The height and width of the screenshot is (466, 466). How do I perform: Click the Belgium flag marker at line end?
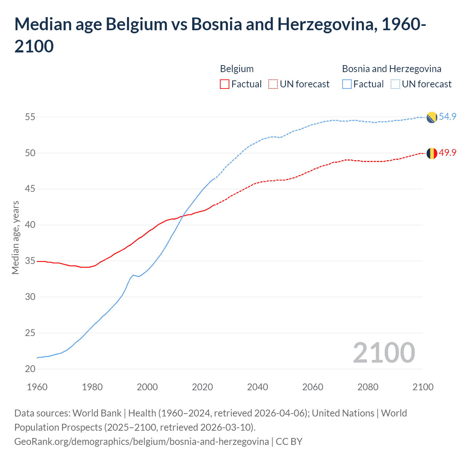[x=432, y=153]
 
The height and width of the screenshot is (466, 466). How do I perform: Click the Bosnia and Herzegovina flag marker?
[x=432, y=117]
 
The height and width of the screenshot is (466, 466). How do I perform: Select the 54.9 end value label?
[x=447, y=116]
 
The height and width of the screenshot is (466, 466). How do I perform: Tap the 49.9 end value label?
[x=447, y=153]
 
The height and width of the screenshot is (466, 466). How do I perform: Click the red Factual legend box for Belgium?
[x=225, y=84]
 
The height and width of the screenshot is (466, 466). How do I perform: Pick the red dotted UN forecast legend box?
[x=273, y=84]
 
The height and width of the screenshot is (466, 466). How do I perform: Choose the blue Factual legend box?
[x=347, y=84]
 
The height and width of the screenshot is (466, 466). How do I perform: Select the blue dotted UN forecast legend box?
[x=395, y=84]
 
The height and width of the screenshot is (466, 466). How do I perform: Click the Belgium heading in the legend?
[x=237, y=69]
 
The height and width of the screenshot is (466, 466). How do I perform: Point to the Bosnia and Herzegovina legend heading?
[x=391, y=69]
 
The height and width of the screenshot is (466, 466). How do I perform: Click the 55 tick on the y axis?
[x=30, y=117]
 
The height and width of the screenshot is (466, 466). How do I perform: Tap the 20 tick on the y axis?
[x=30, y=369]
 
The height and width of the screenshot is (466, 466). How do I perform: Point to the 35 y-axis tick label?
[x=30, y=261]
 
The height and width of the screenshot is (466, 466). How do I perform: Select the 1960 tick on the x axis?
[x=37, y=387]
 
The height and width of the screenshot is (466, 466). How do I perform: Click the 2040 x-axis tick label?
[x=257, y=387]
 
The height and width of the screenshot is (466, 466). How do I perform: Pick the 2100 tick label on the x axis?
[x=423, y=387]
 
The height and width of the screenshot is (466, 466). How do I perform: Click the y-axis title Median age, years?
[x=15, y=237]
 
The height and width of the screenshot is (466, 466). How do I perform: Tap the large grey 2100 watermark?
[x=384, y=352]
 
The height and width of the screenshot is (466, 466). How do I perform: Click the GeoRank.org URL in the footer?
[x=141, y=442]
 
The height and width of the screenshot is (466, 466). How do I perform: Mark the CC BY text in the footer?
[x=289, y=442]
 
